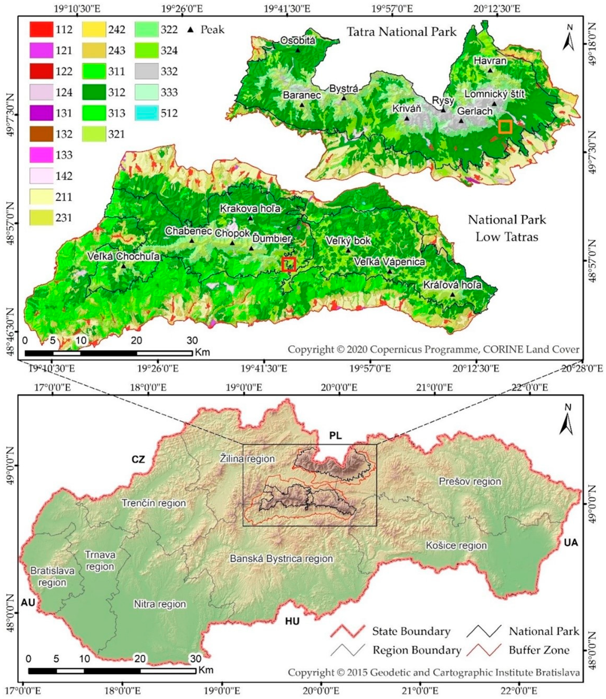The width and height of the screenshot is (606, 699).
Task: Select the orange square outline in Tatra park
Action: pos(505,127)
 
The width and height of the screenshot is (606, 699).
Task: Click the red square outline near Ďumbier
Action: pos(289,264)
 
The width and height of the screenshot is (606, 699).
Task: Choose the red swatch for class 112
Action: pos(41,29)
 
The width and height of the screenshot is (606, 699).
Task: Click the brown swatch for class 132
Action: pos(41,134)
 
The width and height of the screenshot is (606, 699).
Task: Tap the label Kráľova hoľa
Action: pos(453,285)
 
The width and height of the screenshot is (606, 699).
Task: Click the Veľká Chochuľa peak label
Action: pos(123,257)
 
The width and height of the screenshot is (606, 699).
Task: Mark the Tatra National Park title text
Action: pos(401,32)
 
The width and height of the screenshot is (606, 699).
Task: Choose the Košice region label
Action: pos(456,517)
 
